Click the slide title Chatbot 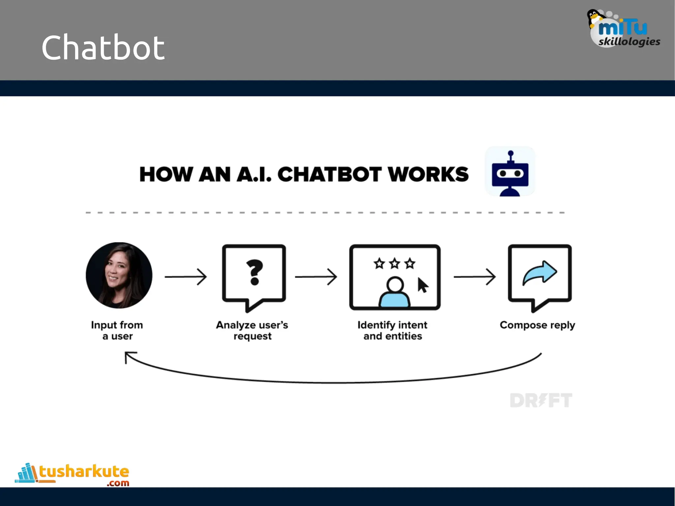click(103, 48)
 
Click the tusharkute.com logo click(73, 474)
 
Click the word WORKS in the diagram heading click(428, 174)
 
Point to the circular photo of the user click(119, 275)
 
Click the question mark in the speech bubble click(254, 272)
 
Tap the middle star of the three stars click(395, 264)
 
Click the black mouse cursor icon click(423, 285)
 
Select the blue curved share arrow click(540, 272)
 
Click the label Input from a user click(117, 330)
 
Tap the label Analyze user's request click(252, 330)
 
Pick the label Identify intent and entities click(392, 330)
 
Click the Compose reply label click(537, 325)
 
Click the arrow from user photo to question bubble click(186, 277)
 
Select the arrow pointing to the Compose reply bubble click(475, 277)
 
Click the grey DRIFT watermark click(541, 400)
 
